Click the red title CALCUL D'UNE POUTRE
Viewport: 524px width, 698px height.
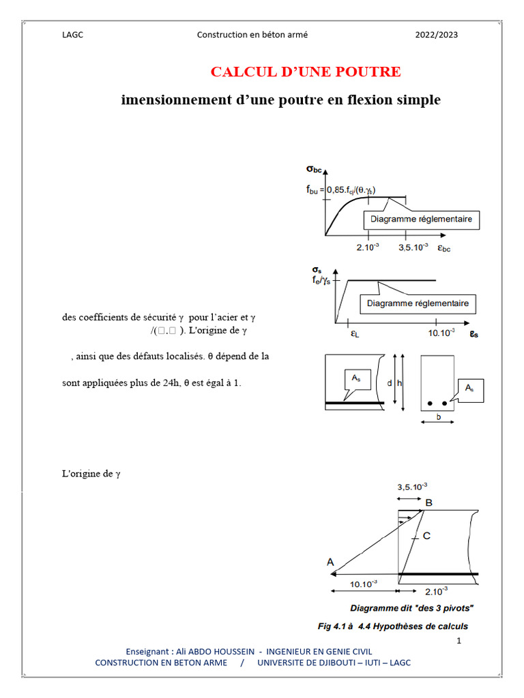pyautogui.click(x=305, y=72)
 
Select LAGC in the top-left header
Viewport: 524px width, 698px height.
pyautogui.click(x=72, y=35)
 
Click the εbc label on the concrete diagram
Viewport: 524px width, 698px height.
pyautogui.click(x=444, y=248)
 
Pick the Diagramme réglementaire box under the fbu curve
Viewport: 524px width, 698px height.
pyautogui.click(x=421, y=219)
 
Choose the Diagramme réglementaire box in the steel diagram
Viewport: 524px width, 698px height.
pyautogui.click(x=418, y=303)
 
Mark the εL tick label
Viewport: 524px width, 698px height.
pyautogui.click(x=355, y=334)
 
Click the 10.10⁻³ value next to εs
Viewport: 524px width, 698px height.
pyautogui.click(x=441, y=333)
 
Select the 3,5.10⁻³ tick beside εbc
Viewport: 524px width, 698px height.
pyautogui.click(x=413, y=248)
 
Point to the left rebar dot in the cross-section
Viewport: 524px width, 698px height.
pyautogui.click(x=430, y=404)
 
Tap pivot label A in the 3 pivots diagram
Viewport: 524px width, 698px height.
pyautogui.click(x=330, y=562)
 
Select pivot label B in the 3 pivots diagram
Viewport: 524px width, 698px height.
pyautogui.click(x=428, y=503)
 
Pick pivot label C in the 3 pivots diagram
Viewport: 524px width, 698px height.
pyautogui.click(x=426, y=536)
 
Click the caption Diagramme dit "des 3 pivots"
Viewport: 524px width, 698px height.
pyautogui.click(x=412, y=607)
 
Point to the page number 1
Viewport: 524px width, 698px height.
pyautogui.click(x=459, y=641)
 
